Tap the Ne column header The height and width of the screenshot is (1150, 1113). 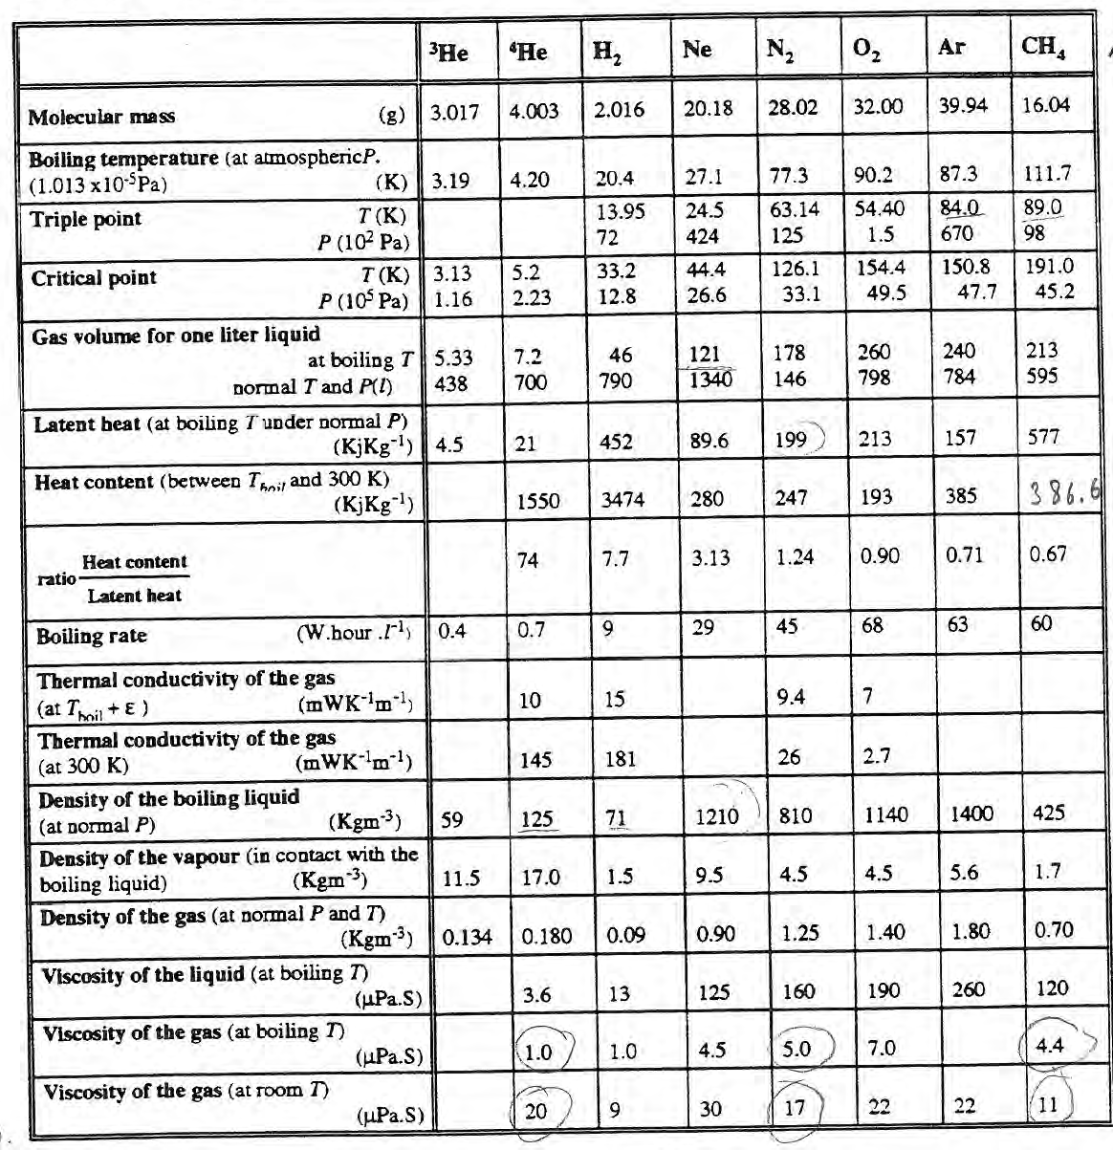click(697, 50)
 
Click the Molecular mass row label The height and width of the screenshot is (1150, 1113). click(101, 117)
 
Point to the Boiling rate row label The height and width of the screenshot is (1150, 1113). click(92, 636)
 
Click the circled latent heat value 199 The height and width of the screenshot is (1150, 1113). click(792, 441)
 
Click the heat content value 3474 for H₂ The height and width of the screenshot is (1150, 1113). click(619, 499)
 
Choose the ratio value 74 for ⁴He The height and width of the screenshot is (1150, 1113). click(527, 560)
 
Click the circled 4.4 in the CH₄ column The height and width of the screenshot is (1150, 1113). click(1049, 1046)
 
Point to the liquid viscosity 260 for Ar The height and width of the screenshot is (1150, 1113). click(969, 989)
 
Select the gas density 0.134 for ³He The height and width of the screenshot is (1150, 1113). click(467, 936)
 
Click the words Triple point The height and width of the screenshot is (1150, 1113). click(85, 219)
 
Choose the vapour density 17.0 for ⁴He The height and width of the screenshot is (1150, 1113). click(540, 877)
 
